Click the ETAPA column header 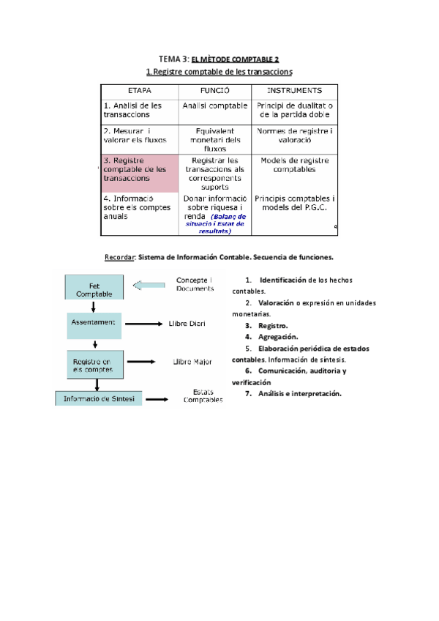[140, 91]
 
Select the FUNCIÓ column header [215, 91]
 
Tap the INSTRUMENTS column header [294, 91]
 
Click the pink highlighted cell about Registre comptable [139, 174]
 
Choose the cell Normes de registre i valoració [294, 135]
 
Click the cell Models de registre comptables [294, 165]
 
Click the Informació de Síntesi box [99, 399]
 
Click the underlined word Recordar [120, 257]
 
